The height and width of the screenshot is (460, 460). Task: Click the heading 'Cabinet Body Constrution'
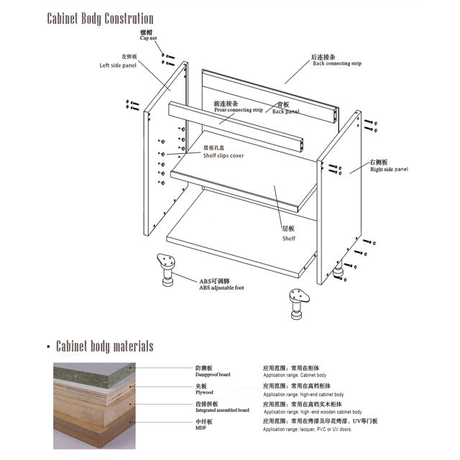click(100, 17)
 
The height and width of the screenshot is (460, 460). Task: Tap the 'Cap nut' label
click(149, 40)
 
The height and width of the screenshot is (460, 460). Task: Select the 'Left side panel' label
click(118, 65)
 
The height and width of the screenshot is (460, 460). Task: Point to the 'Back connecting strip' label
click(336, 63)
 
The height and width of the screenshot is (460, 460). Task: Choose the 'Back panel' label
click(285, 111)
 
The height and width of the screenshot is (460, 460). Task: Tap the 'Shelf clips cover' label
click(228, 155)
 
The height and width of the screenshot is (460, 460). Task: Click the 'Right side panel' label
click(388, 170)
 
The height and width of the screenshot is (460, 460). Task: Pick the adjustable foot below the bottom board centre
click(297, 303)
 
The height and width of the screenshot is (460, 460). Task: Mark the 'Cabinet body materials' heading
click(104, 346)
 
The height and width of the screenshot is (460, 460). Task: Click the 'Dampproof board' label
click(213, 374)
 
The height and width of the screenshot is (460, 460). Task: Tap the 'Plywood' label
click(205, 392)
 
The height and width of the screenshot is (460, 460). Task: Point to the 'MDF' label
click(201, 428)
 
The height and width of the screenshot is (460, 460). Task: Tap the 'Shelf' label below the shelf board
click(288, 238)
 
